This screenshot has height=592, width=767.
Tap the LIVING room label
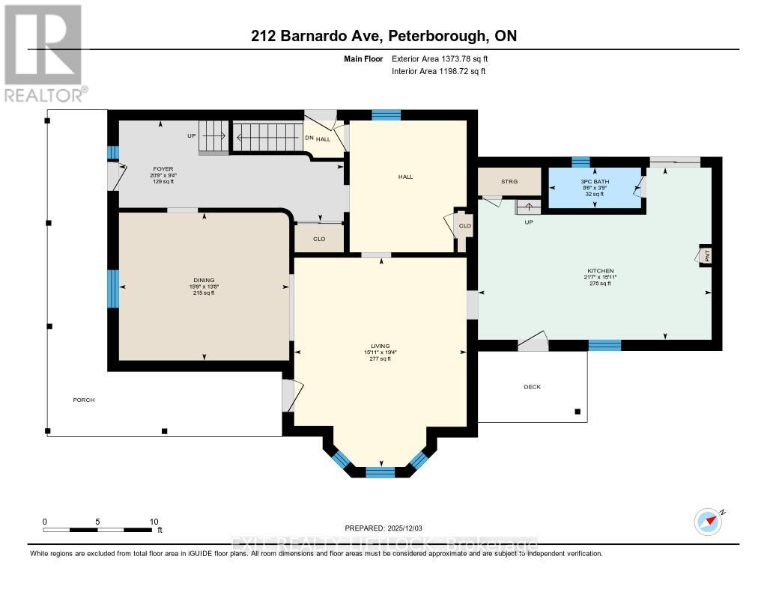(381, 347)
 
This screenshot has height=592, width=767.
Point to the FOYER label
(163, 169)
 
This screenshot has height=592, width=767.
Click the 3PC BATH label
(594, 182)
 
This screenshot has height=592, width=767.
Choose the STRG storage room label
(509, 181)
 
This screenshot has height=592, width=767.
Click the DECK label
(532, 387)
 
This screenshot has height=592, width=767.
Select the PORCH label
(84, 400)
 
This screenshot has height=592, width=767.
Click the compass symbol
(707, 520)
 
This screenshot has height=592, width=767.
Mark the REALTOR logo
(43, 52)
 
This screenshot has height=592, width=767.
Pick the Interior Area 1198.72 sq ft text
(439, 72)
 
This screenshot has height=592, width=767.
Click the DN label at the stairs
(309, 138)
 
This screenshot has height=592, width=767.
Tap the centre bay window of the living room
(380, 472)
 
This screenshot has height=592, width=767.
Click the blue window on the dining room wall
(113, 288)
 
